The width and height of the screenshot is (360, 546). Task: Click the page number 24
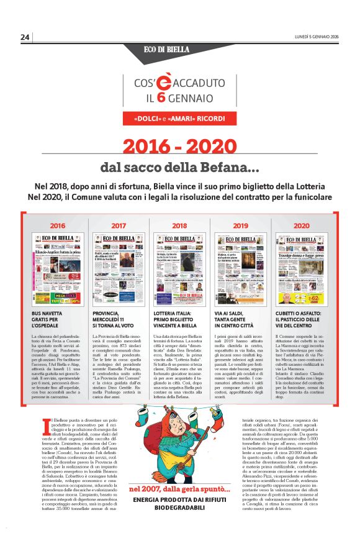25,37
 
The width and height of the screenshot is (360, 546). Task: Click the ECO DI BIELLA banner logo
179,49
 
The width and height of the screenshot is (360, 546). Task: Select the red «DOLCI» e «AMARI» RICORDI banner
179,118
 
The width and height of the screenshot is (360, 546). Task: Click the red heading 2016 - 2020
180,146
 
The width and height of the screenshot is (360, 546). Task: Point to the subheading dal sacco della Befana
180,168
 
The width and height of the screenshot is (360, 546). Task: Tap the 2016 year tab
58,225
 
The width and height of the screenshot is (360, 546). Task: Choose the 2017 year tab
119,225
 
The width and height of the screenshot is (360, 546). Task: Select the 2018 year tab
179,225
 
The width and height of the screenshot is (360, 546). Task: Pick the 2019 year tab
240,225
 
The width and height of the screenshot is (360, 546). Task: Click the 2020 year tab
301,225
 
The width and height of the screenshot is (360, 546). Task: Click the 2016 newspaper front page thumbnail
58,269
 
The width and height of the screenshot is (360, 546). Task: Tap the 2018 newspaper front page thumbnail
179,269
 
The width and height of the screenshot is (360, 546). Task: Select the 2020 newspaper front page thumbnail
301,269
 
